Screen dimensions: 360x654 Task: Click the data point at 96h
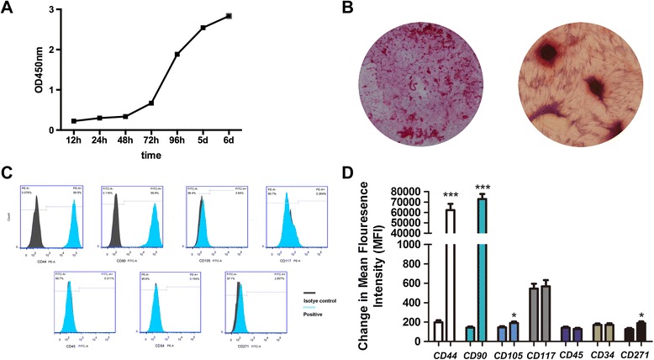point(177,55)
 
